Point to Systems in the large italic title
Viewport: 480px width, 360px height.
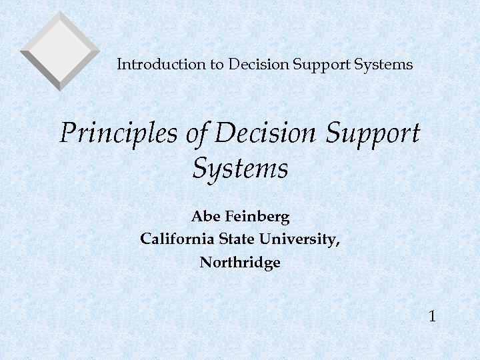click(x=240, y=169)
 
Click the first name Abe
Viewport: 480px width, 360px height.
click(x=205, y=217)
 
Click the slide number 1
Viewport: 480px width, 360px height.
click(x=433, y=315)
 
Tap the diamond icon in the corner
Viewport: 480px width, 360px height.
click(x=60, y=50)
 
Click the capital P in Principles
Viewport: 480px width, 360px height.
click(x=67, y=134)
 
